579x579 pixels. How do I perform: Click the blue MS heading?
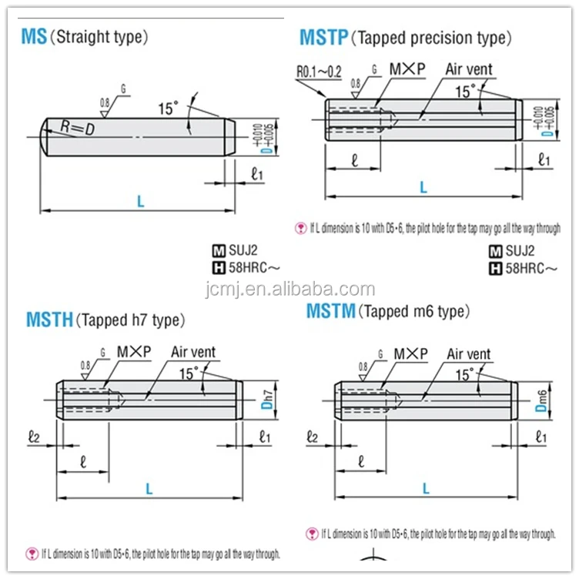[34, 36]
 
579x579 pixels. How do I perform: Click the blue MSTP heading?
[323, 37]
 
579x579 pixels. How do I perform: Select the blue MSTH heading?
[49, 320]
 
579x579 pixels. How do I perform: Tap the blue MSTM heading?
[331, 311]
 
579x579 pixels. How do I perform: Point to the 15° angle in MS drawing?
[168, 109]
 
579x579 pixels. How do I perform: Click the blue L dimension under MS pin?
[140, 202]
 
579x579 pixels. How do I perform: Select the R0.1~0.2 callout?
[319, 72]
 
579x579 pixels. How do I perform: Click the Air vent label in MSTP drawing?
[468, 69]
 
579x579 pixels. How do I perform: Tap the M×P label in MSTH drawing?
[134, 352]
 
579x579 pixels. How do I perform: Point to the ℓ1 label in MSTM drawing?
[541, 437]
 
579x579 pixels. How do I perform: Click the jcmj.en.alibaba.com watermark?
[289, 289]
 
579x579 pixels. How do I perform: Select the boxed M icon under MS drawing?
[218, 251]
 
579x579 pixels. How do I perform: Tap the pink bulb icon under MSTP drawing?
[301, 228]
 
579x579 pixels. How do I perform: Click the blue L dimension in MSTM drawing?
[426, 488]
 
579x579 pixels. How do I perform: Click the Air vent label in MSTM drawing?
[468, 354]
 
